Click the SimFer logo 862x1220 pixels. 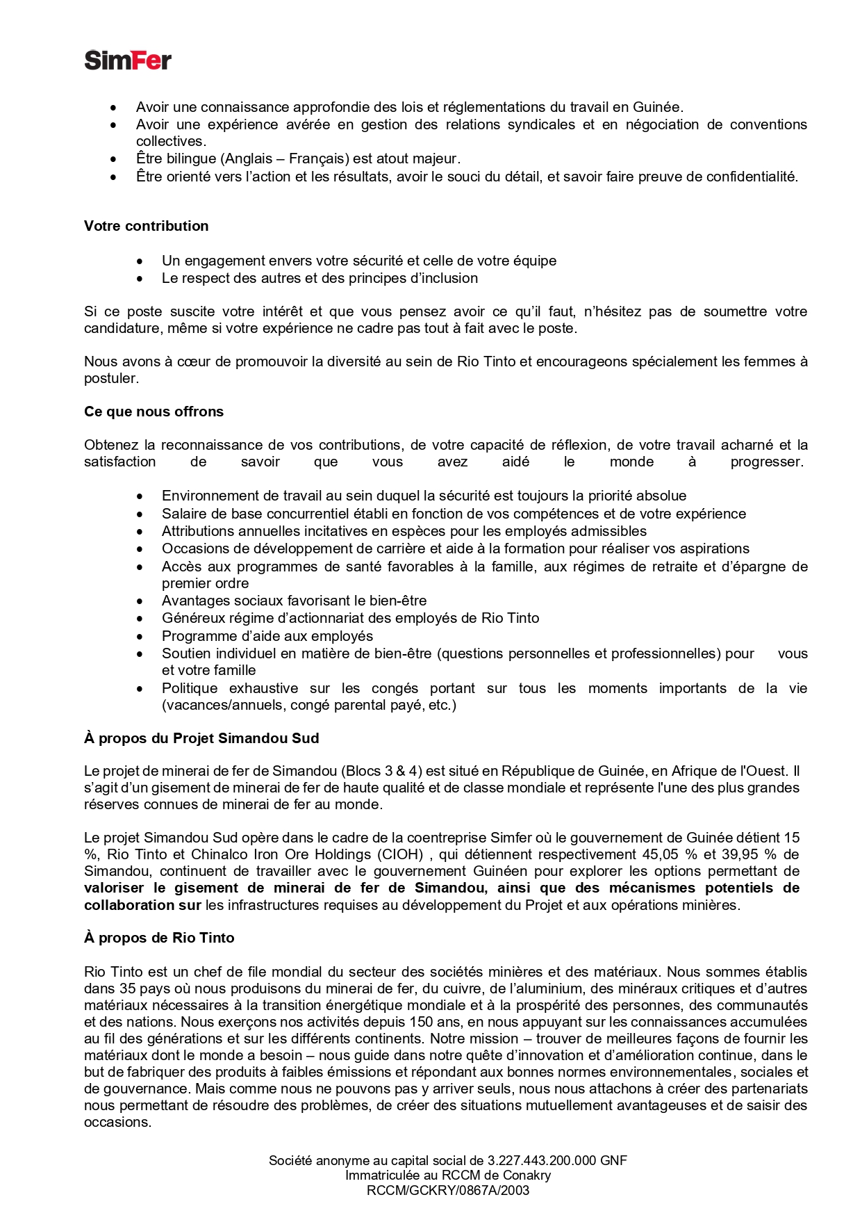click(128, 60)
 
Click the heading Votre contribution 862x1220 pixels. click(146, 226)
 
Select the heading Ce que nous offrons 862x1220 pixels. click(154, 412)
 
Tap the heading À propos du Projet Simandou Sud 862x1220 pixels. click(201, 738)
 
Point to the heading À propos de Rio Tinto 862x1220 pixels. click(159, 938)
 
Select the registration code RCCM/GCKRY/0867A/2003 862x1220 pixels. click(448, 1191)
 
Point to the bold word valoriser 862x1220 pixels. click(114, 888)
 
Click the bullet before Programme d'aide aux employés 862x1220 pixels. click(140, 636)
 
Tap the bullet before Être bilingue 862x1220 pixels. click(114, 158)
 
